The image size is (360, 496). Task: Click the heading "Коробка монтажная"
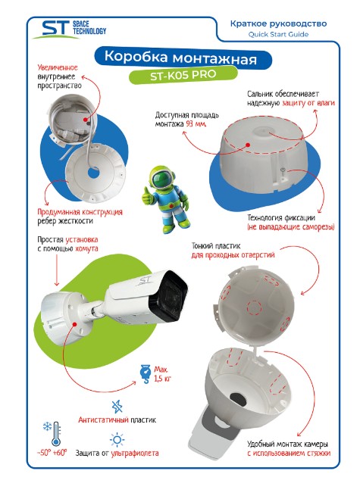(180, 58)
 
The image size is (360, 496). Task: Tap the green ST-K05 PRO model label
(183, 75)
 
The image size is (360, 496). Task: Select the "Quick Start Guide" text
(278, 34)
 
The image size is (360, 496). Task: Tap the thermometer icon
(56, 434)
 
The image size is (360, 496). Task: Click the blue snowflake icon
(47, 427)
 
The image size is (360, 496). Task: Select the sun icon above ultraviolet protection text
(117, 440)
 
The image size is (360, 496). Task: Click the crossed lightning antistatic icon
(117, 407)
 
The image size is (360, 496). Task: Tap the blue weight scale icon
(146, 374)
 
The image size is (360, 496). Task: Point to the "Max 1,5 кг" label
(162, 374)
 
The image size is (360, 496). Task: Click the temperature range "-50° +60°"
(52, 453)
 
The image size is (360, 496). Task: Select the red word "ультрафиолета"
(135, 454)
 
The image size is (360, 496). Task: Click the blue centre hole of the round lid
(93, 173)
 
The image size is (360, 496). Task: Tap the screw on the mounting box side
(283, 171)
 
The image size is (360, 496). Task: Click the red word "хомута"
(86, 248)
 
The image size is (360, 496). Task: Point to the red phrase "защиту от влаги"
(308, 103)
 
